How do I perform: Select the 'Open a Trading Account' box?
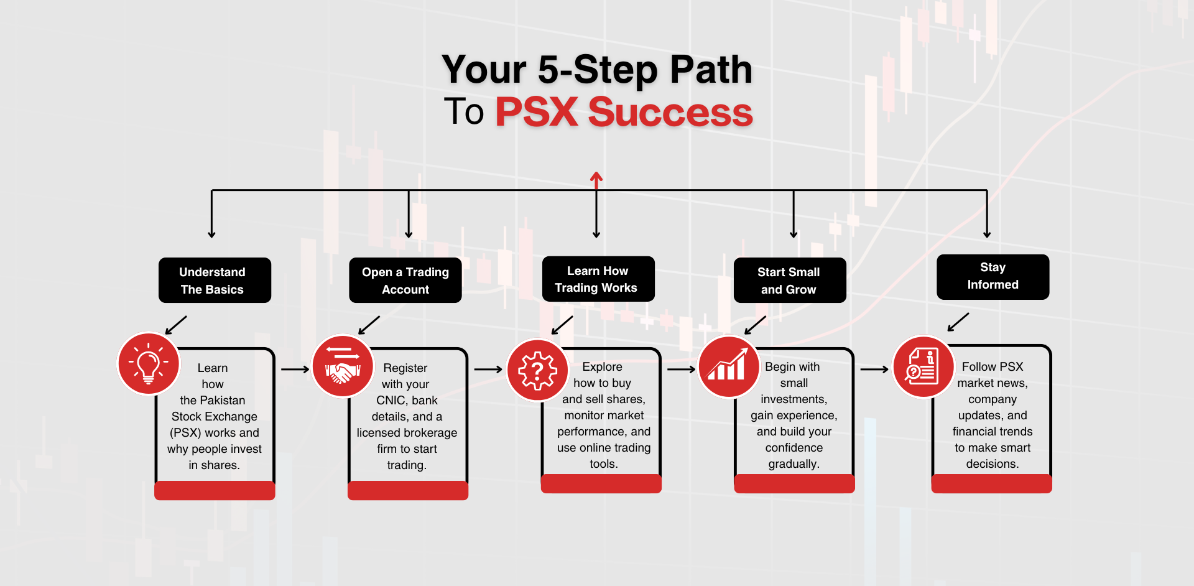405,281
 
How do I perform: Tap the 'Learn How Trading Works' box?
598,279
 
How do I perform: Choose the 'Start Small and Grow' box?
790,281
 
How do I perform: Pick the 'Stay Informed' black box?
993,277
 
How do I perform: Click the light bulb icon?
149,363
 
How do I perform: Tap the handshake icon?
342,366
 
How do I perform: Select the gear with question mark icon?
537,370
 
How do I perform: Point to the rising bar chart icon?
729,366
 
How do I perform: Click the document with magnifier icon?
923,366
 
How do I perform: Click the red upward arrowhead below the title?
596,179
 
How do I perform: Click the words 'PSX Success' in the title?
624,112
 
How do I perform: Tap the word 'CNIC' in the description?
391,400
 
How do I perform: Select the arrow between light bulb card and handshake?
295,369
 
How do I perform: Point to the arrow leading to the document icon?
874,370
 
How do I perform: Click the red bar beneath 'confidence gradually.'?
794,483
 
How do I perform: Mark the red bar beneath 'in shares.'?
215,490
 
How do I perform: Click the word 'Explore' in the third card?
602,367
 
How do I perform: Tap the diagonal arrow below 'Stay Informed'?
958,322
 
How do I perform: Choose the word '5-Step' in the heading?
598,69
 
